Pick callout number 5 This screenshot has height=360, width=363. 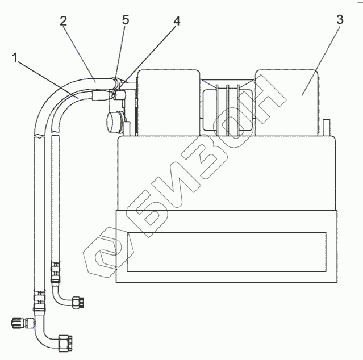click(x=126, y=20)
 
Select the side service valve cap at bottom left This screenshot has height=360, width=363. click(x=17, y=324)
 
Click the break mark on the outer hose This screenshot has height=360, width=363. click(x=40, y=137)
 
